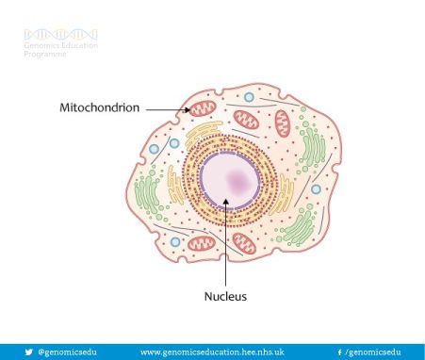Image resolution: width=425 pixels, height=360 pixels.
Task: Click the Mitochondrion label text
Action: coord(99,108)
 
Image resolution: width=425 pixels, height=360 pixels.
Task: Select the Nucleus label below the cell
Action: coord(225,297)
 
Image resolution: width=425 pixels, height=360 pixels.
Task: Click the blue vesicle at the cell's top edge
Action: coord(249,97)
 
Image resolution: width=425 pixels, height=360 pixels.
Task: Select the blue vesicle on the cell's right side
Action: coord(317,188)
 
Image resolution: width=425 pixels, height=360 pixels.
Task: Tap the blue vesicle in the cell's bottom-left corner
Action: coord(175,242)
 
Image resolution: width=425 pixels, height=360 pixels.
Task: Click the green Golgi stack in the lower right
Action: coord(298,227)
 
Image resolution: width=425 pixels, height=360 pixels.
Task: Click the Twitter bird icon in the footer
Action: coord(28,352)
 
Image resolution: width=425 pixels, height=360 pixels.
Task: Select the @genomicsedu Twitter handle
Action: coord(68,352)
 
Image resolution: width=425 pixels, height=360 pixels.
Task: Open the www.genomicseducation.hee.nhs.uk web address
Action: coord(212,352)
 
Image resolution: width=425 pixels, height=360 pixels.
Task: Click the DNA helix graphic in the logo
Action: coord(60,35)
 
